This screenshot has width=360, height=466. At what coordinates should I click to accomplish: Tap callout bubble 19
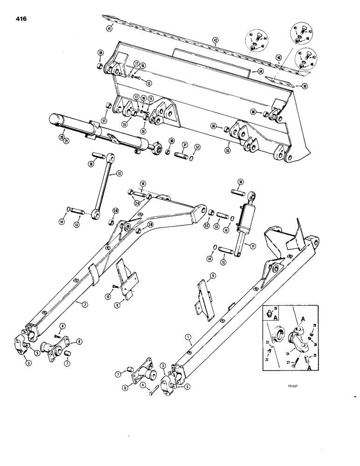[143, 184]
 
